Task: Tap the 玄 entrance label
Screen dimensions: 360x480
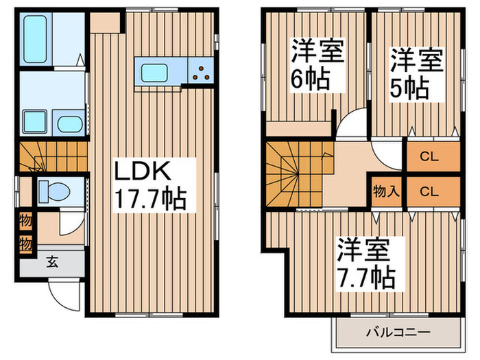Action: click(x=51, y=261)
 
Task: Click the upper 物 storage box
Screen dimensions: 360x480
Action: click(x=25, y=224)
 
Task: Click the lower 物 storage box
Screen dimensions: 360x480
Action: click(x=25, y=243)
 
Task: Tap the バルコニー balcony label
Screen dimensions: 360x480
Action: click(x=397, y=333)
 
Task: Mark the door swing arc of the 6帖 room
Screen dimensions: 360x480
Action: click(x=351, y=123)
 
